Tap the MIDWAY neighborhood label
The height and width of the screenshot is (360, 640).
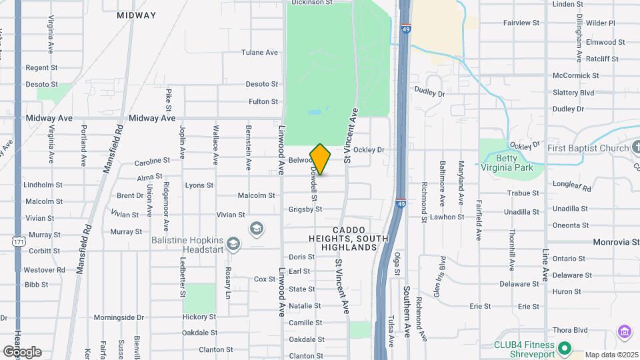[x=136, y=15]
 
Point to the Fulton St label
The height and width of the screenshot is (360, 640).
[x=263, y=101]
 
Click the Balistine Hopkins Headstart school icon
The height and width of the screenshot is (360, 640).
[x=233, y=243]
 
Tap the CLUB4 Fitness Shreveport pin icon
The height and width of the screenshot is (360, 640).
[x=565, y=348]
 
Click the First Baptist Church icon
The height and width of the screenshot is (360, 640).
[x=633, y=148]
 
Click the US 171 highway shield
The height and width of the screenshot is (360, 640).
[x=18, y=242]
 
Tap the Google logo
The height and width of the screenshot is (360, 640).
[x=21, y=351]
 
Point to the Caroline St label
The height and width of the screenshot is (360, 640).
[x=153, y=161]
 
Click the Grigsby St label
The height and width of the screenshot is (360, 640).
[x=305, y=209]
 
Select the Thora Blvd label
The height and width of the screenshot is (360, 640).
[x=570, y=330]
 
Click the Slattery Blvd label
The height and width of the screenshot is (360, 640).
[x=573, y=93]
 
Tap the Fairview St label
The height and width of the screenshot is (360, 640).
[x=521, y=23]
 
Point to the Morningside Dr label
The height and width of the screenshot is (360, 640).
[x=119, y=317]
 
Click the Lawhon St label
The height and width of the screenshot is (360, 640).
[x=447, y=217]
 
